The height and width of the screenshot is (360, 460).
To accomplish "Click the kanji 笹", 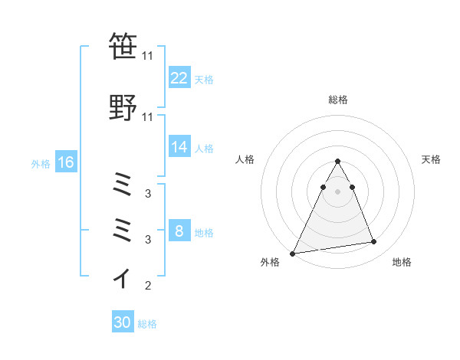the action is [x=123, y=47].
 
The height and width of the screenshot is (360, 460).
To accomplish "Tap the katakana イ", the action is [x=123, y=277].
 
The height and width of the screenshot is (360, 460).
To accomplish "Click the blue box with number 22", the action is [x=179, y=78].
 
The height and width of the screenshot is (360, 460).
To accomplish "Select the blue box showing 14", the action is [x=179, y=148].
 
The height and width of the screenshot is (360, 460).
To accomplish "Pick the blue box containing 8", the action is [x=179, y=232].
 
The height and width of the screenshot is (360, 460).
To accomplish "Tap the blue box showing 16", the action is [x=65, y=162].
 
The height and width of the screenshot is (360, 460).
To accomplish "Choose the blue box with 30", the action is [x=123, y=323].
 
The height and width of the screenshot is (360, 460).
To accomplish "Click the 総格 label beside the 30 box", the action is [x=147, y=324].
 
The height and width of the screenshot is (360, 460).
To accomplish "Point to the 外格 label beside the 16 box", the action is [x=41, y=163].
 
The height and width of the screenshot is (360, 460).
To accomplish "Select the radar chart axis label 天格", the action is [x=431, y=159].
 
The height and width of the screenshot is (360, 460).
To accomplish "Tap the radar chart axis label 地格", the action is [x=402, y=263].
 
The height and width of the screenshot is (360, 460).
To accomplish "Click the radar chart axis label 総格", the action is [x=337, y=100].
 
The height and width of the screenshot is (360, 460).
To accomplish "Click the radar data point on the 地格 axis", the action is [x=373, y=242].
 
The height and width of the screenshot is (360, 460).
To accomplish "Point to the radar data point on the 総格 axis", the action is [x=337, y=161].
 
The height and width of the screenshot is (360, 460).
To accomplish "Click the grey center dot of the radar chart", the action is [x=337, y=191].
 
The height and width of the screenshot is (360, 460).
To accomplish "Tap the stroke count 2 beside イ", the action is [x=147, y=286].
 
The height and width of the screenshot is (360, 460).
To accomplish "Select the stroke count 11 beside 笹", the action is [x=148, y=56].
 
